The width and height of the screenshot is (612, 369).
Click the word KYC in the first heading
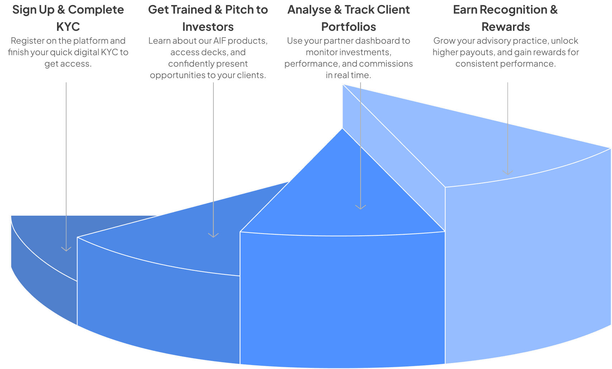click(68, 27)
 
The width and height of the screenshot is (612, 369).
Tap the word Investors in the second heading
click(208, 27)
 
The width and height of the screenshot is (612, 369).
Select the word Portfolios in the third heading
click(348, 27)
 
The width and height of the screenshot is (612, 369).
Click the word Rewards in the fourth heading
click(505, 27)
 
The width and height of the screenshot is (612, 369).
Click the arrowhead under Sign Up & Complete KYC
click(66, 249)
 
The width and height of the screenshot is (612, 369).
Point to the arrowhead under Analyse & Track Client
click(361, 207)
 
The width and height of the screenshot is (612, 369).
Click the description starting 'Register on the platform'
click(68, 52)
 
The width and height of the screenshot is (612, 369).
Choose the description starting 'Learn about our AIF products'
click(208, 58)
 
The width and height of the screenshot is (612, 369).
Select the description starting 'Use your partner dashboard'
click(348, 58)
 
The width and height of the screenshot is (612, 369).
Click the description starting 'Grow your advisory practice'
click(505, 52)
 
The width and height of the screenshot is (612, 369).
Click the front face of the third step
click(342, 301)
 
